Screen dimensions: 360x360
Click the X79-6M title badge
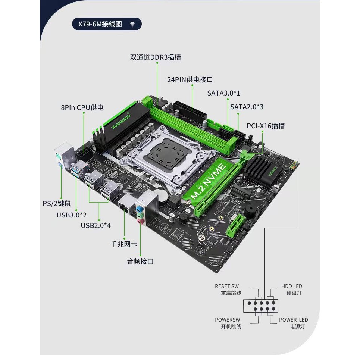tap(107, 24)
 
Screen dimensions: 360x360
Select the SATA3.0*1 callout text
tap(224, 93)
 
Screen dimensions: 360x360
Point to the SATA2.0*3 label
tap(247, 107)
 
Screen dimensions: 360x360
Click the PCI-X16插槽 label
tap(265, 126)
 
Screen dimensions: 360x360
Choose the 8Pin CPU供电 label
tap(82, 108)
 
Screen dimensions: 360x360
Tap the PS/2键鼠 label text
tap(56, 203)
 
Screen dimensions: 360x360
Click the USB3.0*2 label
tap(72, 215)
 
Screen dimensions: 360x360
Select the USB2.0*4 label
tap(96, 225)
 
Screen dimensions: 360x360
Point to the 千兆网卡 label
tap(124, 244)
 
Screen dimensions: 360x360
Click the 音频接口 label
tap(140, 261)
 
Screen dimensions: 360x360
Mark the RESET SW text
tap(227, 286)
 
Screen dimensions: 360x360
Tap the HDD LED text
tap(292, 286)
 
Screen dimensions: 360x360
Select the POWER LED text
tap(294, 320)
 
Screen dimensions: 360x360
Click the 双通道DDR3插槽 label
tap(156, 57)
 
